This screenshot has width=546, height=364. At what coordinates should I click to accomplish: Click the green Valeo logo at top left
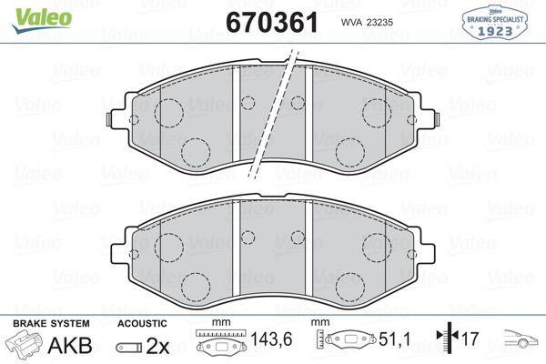point(42,20)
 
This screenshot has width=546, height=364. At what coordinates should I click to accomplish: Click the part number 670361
point(272,22)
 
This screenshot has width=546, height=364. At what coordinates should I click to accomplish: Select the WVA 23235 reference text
point(367,22)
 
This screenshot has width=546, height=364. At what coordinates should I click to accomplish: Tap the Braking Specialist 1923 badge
point(495,23)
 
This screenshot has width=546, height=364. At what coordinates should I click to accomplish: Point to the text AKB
point(70,345)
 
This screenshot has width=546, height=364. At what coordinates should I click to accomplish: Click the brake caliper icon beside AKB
point(24,343)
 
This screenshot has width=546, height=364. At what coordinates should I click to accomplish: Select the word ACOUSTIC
point(142,324)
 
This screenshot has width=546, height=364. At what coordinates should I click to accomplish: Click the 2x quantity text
point(157,346)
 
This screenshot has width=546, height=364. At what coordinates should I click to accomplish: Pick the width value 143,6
point(271,339)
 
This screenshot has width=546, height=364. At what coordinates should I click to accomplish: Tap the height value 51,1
point(395,339)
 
